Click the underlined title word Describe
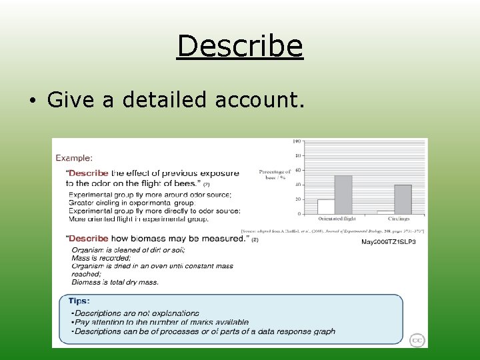click(240, 46)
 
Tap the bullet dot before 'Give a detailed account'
click(32, 101)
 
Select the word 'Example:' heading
click(74, 158)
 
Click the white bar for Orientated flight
click(326, 207)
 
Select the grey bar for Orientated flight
click(343, 195)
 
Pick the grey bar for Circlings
click(403, 199)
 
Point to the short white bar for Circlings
click(385, 212)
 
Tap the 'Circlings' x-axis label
click(398, 219)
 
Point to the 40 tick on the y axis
click(298, 185)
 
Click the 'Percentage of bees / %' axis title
click(275, 175)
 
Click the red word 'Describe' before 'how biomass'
click(89, 239)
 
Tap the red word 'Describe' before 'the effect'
click(89, 173)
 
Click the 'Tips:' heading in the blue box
click(79, 301)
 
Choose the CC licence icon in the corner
click(417, 339)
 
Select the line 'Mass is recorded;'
click(101, 258)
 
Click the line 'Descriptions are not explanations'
click(135, 313)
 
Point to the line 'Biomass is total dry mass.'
click(115, 282)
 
